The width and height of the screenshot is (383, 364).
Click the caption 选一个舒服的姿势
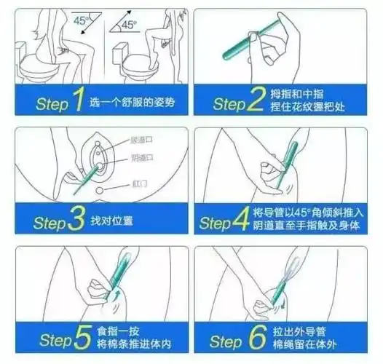point(131,103)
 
